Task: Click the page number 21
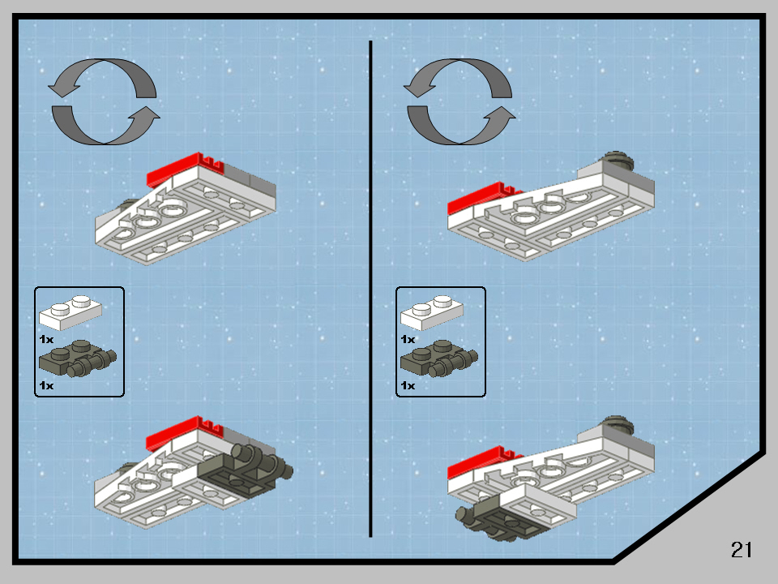pos(742,550)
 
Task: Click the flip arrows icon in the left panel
pos(104,101)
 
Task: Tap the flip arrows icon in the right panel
pos(459,101)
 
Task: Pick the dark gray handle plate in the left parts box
pos(77,359)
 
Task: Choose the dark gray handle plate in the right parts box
pos(438,359)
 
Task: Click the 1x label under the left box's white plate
pos(45,339)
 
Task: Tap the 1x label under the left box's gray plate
pos(45,385)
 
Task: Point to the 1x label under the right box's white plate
pos(407,339)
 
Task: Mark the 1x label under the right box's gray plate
pos(407,385)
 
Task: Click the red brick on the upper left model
pos(182,169)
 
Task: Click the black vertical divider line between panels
pos(370,288)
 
